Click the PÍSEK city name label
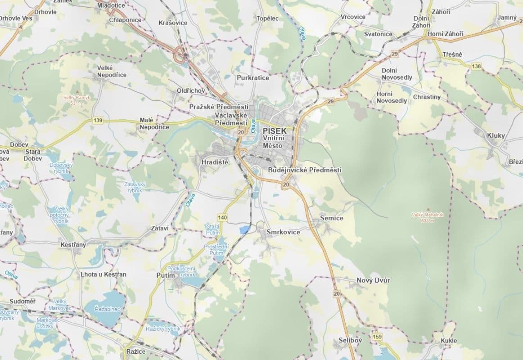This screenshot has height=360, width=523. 274,130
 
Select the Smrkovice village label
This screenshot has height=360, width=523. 283,232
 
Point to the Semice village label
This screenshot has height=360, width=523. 331,218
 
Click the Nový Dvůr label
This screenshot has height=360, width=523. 373,280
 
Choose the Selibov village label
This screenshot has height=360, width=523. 351,340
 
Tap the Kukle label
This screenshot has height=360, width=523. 449,341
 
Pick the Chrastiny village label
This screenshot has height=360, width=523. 427,97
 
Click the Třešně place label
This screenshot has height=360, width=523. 452,54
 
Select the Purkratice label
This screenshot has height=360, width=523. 253,78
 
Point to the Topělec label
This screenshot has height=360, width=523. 267,18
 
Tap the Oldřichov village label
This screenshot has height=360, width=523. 191,91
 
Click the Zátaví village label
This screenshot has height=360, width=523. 160,229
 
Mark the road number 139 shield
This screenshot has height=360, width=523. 98,121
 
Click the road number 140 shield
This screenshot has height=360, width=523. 222,218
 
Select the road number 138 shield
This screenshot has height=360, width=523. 476,66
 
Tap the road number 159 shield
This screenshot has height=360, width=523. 377,337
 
